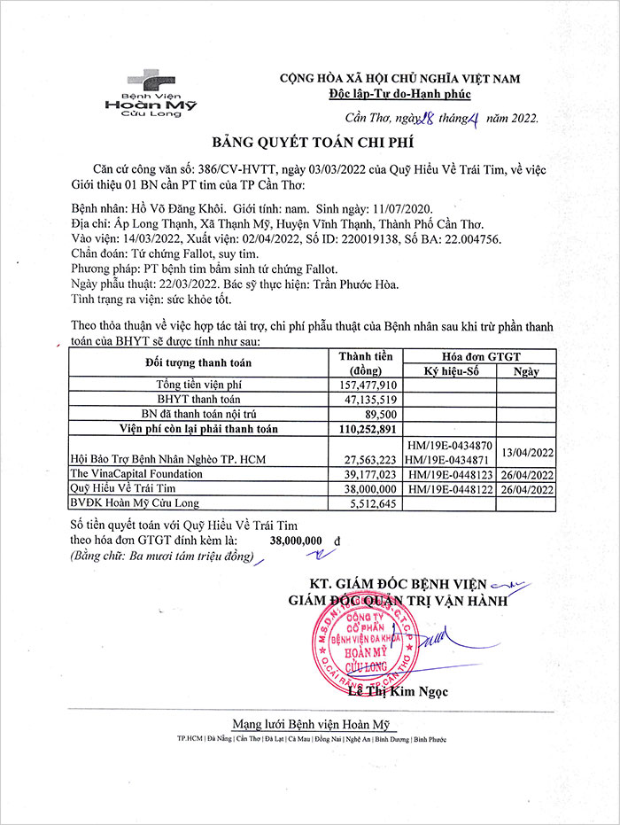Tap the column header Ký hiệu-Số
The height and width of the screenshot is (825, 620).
click(x=448, y=371)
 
